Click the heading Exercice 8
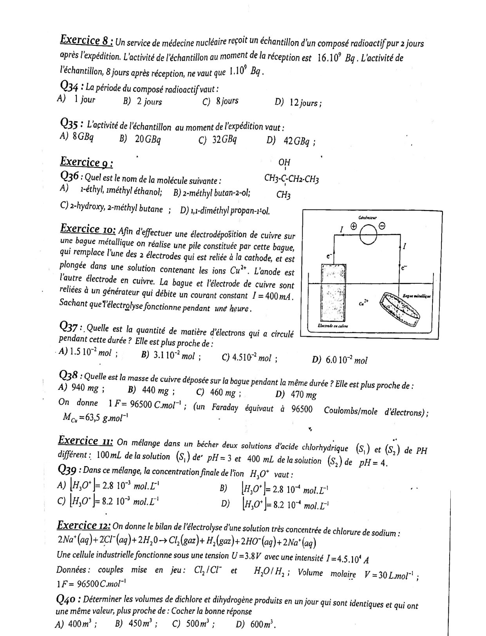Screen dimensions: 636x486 (87, 40)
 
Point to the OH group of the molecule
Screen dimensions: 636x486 (284, 162)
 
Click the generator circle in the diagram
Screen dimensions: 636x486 (368, 235)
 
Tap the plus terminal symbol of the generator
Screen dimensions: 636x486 (354, 226)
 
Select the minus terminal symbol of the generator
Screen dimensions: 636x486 (382, 226)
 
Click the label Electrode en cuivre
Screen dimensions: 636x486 (332, 326)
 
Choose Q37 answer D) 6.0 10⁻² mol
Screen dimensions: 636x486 (340, 360)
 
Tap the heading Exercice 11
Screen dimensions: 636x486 (85, 441)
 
